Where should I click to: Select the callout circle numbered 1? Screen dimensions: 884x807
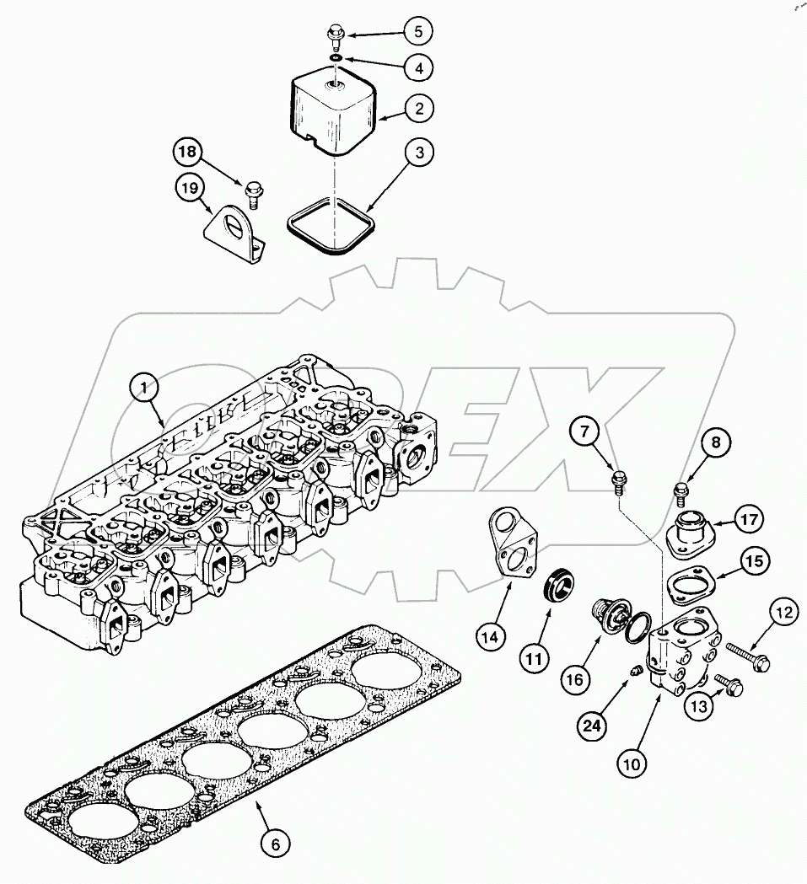coord(145,387)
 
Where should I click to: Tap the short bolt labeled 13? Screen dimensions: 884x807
coord(727,683)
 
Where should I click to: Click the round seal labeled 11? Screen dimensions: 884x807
coord(557,585)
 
